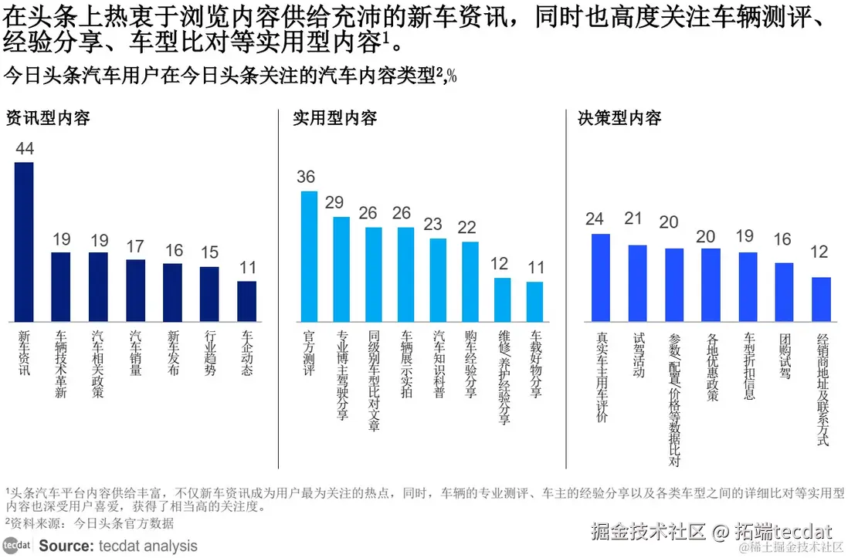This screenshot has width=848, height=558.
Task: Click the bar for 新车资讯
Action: [x=25, y=242]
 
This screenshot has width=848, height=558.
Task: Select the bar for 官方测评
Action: [x=309, y=255]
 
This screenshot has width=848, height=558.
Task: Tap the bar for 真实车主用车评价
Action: [x=600, y=277]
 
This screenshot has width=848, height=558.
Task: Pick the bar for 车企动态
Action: [x=246, y=301]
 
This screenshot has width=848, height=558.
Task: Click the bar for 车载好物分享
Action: [x=535, y=302]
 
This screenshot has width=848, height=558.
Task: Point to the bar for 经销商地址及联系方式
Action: [x=821, y=299]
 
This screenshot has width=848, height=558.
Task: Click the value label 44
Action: [x=25, y=149]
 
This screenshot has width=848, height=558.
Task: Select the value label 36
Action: [x=306, y=177]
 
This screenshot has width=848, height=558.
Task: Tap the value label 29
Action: [x=334, y=202]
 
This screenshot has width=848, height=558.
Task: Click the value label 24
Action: [x=594, y=219]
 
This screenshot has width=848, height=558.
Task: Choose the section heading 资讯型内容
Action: [x=48, y=118]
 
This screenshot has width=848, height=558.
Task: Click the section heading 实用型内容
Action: [x=334, y=118]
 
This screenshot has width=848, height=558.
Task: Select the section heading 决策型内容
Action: [x=619, y=118]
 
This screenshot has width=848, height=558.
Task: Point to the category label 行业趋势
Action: [x=210, y=354]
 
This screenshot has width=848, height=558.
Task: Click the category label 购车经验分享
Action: [x=470, y=365]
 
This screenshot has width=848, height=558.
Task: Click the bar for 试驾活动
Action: [x=637, y=282]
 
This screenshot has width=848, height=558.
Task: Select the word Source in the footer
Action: [x=66, y=546]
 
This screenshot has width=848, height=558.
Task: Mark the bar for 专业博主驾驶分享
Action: [x=341, y=269]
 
